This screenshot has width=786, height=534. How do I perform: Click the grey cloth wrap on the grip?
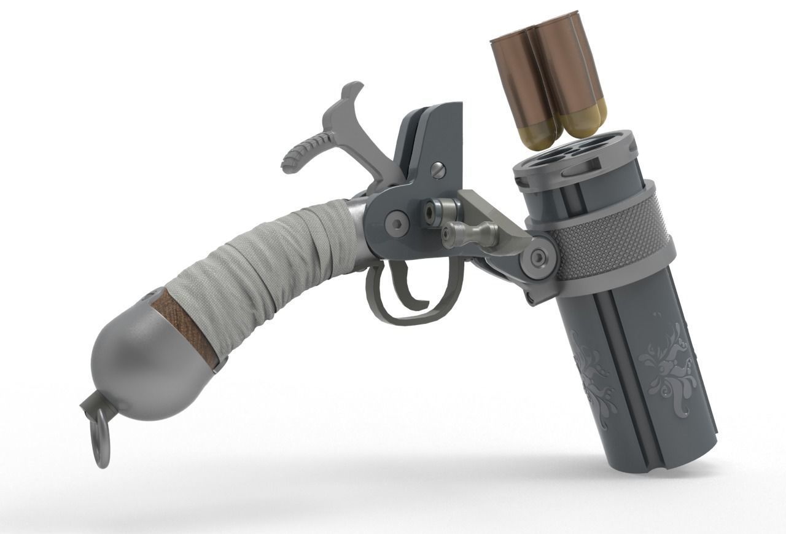276,252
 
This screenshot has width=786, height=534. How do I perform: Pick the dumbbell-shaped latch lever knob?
470,233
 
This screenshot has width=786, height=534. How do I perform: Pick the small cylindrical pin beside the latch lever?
434,211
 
